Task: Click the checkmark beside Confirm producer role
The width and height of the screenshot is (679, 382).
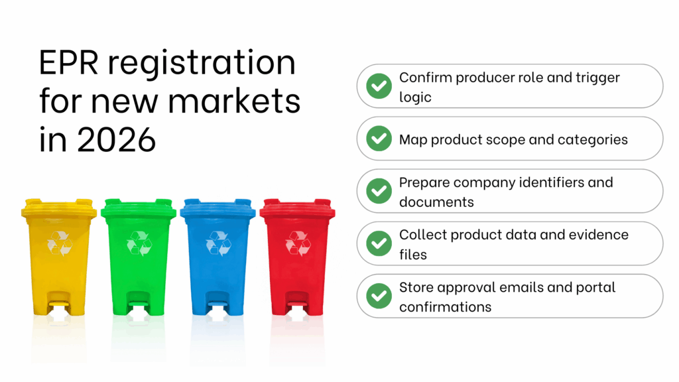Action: coord(379,86)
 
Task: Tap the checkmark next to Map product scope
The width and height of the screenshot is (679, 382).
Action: coord(379,139)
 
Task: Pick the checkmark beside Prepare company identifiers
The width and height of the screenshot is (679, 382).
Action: coord(379,191)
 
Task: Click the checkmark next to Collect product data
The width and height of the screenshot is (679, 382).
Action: coord(379,243)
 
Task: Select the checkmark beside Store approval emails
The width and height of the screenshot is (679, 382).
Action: coord(379,296)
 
